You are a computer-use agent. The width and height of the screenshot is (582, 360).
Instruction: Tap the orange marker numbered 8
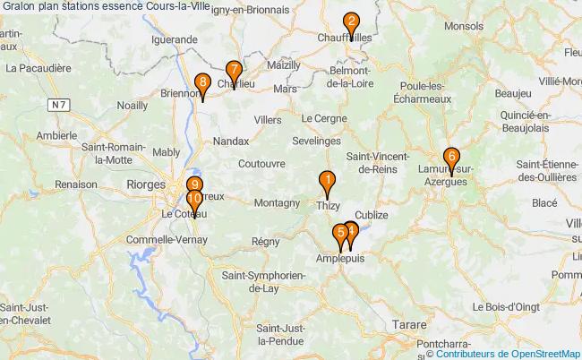click(x=202, y=84)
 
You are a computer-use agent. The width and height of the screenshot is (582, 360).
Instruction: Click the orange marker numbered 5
click(x=339, y=235)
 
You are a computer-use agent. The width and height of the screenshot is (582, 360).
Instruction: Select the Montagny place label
click(x=277, y=203)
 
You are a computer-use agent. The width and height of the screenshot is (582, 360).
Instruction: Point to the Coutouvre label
click(x=261, y=164)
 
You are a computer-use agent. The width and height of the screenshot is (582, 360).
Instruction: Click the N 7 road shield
click(x=59, y=106)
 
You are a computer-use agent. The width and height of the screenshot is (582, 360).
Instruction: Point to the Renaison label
click(x=75, y=184)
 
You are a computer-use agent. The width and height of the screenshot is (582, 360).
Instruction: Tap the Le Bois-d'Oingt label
click(x=517, y=306)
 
